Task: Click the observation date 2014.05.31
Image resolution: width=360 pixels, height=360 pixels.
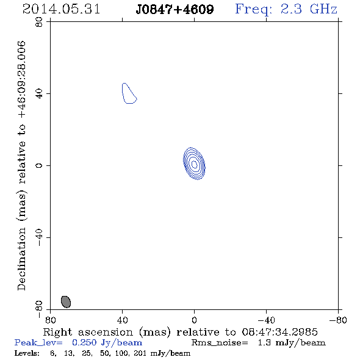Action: pos(61,9)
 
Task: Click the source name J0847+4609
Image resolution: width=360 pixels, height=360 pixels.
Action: pos(175,9)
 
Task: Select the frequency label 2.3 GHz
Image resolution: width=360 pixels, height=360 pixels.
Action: pos(309,9)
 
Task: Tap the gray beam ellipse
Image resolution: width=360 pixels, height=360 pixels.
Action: pos(66,301)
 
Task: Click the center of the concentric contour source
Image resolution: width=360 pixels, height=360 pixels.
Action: pos(194,164)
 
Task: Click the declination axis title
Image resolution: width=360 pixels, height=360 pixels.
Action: pos(21,165)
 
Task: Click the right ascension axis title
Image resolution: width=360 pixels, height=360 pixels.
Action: pos(181,332)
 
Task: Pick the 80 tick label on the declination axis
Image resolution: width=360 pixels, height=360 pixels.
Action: pos(39,22)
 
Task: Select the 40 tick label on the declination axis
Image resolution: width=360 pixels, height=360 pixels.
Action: pos(39,94)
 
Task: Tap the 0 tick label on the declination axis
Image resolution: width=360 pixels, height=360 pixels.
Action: pos(39,165)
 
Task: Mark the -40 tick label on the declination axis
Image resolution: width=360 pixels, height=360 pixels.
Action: pos(39,237)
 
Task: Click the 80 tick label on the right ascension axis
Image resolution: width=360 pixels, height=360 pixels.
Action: pos(50,320)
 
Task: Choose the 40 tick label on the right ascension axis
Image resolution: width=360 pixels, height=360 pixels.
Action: pos(123,320)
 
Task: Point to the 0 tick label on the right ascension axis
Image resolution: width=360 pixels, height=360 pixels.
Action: pos(194,320)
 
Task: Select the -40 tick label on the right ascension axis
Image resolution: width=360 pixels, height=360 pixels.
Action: pos(266,320)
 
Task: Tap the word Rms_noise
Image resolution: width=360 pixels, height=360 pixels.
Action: pos(220,343)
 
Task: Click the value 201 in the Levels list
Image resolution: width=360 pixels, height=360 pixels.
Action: pos(140,353)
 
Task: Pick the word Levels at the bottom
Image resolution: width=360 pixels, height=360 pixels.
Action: pos(27,353)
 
